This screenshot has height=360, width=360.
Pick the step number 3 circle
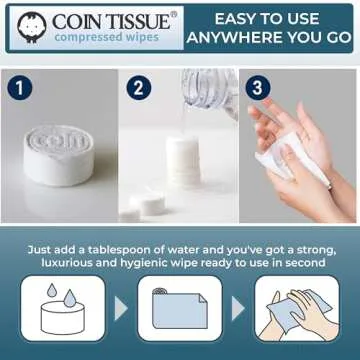pyautogui.click(x=258, y=86)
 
